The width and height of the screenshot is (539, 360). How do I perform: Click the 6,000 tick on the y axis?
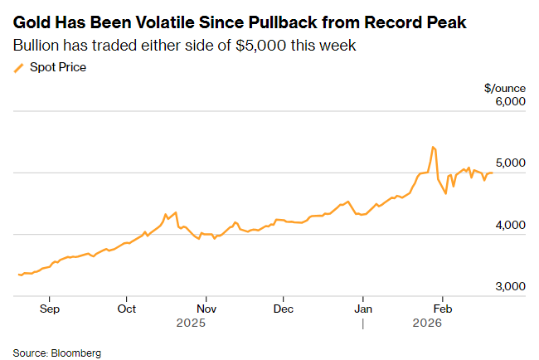pos(511,102)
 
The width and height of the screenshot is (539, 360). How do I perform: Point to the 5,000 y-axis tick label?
pos(511,163)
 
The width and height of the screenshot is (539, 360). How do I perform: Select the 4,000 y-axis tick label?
pos(511,225)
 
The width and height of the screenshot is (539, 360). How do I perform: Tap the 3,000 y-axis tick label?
pos(511,286)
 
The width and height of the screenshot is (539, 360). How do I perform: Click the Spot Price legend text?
pos(58,67)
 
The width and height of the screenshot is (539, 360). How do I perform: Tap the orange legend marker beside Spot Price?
pos(19,67)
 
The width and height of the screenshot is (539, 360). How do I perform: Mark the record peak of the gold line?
pos(433,147)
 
